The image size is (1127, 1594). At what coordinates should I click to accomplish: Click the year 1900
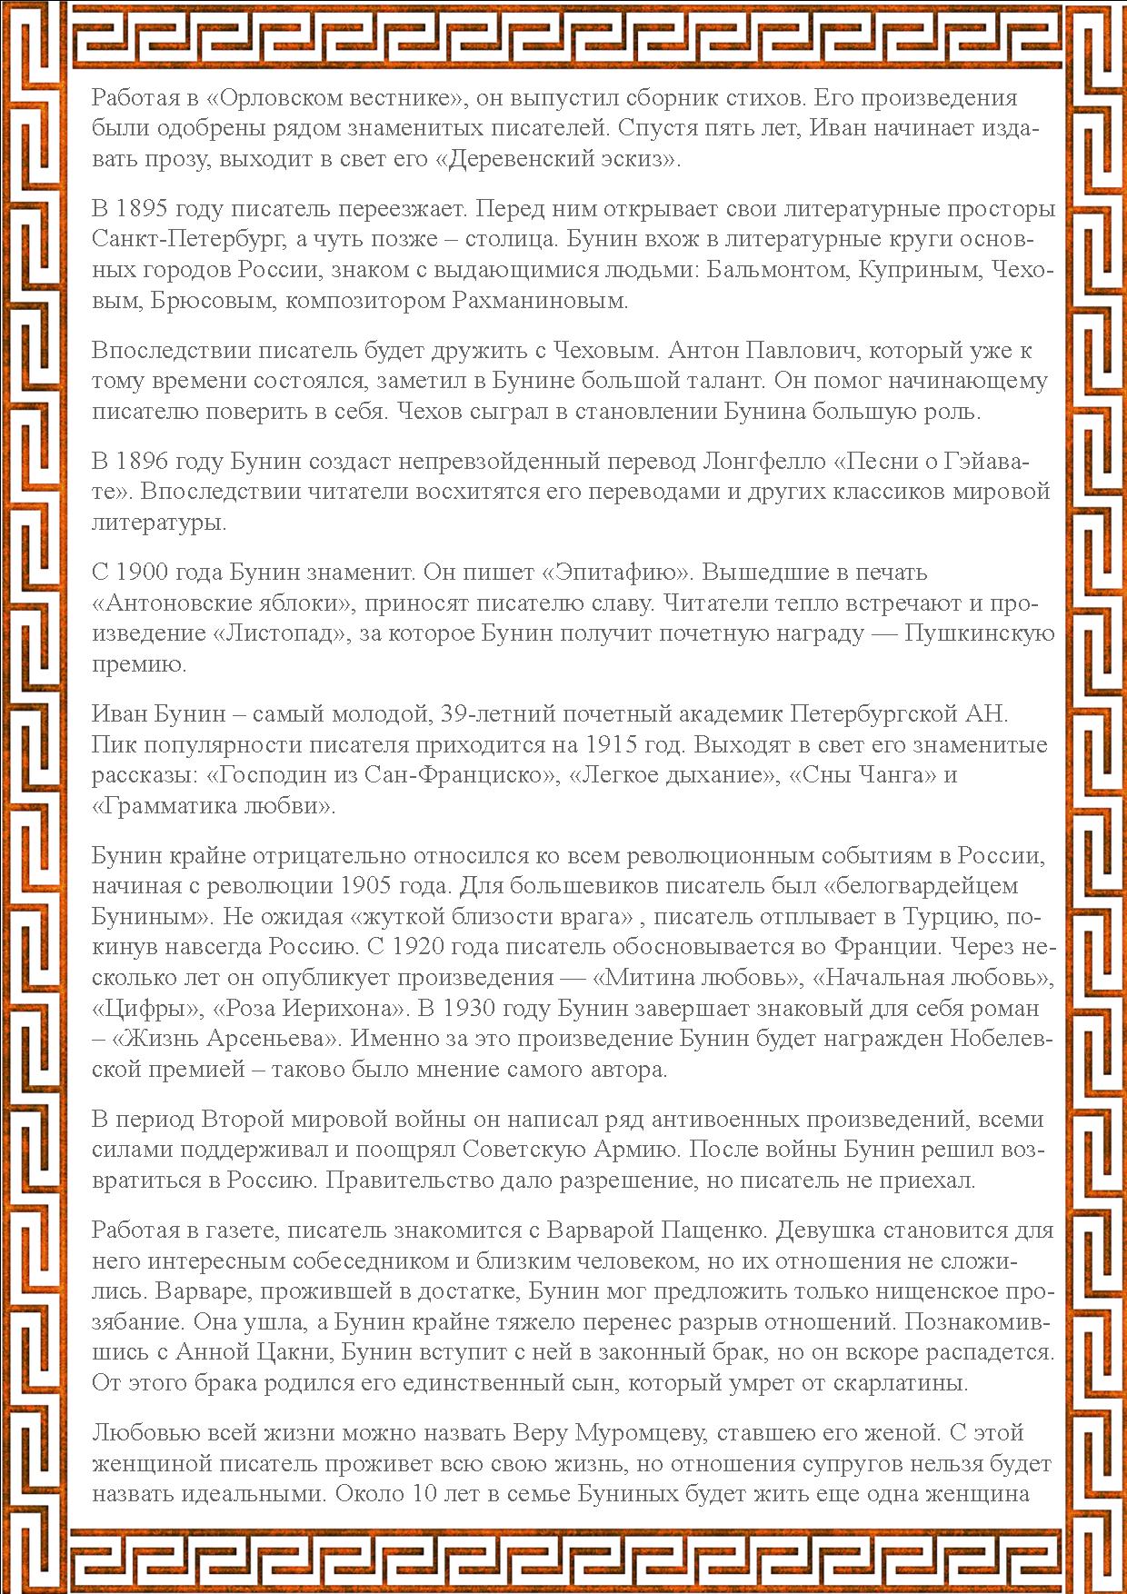point(152,573)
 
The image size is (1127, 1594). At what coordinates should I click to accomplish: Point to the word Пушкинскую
point(980,633)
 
